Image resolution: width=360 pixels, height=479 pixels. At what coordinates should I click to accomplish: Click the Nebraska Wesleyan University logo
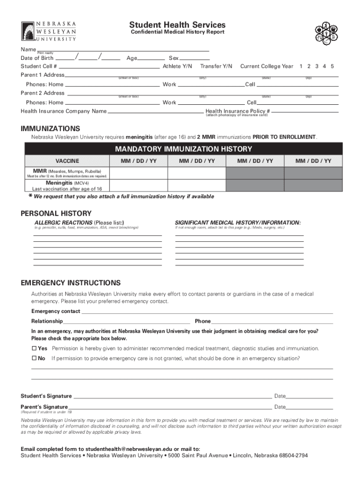(x=49, y=32)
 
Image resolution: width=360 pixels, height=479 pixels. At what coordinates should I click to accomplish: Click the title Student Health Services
(x=177, y=24)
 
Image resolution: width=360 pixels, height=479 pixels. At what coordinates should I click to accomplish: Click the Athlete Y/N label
(x=177, y=66)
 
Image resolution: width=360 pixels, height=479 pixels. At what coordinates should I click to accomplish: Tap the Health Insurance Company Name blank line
(x=155, y=113)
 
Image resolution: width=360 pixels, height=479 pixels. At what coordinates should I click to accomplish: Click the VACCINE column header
(x=67, y=161)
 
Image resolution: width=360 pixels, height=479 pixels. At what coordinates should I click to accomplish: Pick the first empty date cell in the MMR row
(x=138, y=173)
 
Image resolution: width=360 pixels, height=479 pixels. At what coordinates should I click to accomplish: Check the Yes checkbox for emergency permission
(x=34, y=348)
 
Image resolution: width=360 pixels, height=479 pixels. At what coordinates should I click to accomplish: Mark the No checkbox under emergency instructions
(x=34, y=358)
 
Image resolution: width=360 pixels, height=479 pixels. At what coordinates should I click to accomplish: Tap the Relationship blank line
(x=126, y=323)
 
